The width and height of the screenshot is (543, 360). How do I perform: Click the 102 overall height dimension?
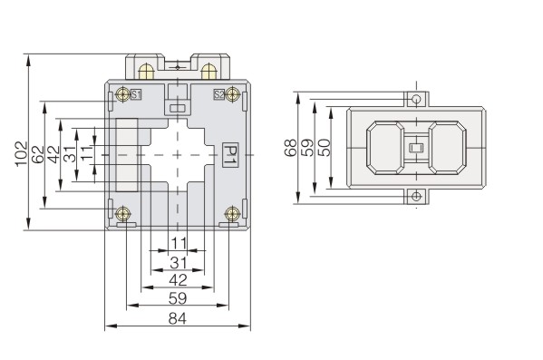pyautogui.click(x=22, y=153)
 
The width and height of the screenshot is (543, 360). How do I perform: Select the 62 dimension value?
pyautogui.click(x=38, y=154)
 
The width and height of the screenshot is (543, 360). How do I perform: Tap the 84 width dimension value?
pyautogui.click(x=178, y=318)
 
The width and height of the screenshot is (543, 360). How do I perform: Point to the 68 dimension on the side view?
pyautogui.click(x=290, y=148)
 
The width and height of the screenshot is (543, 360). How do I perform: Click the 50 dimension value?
pyautogui.click(x=324, y=148)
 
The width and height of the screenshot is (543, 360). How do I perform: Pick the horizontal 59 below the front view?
pyautogui.click(x=178, y=298)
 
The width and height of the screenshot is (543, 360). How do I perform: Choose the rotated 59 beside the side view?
pyautogui.click(x=306, y=148)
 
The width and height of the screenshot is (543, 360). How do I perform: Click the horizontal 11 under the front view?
pyautogui.click(x=179, y=244)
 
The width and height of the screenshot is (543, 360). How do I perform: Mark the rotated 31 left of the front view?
pyautogui.click(x=71, y=154)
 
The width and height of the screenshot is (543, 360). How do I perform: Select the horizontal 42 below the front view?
pyautogui.click(x=178, y=280)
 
